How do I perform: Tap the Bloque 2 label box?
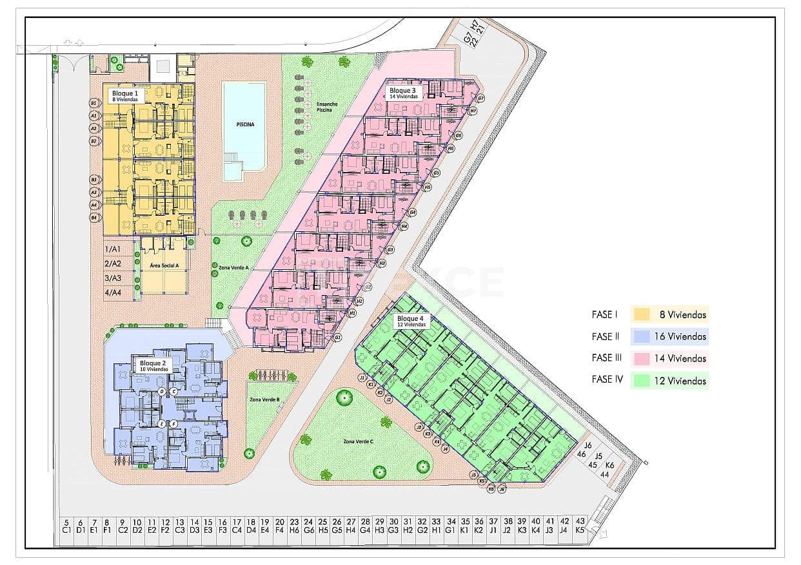click(153, 366)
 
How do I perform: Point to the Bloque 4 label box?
click(411, 321)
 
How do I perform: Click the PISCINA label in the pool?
click(244, 124)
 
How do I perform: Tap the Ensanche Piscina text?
click(326, 107)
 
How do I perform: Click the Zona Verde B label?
click(264, 399)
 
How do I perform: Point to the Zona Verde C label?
click(359, 442)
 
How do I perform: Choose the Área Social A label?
click(164, 265)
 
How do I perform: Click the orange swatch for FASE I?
click(641, 314)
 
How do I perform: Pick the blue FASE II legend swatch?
click(641, 336)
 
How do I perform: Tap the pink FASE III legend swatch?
click(641, 358)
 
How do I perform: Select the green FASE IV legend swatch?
click(641, 380)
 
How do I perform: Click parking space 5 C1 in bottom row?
click(66, 526)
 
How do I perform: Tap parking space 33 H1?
click(436, 526)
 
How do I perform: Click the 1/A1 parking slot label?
click(113, 249)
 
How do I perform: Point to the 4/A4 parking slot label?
click(113, 293)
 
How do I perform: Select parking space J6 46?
click(584, 449)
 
